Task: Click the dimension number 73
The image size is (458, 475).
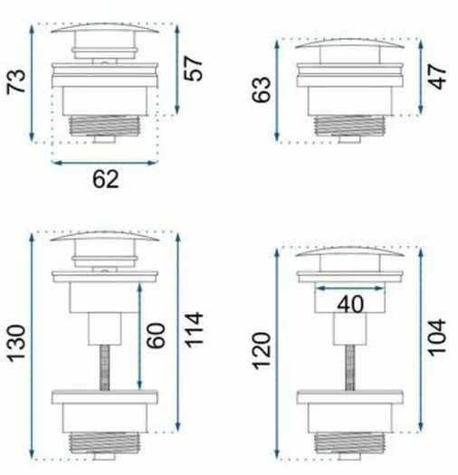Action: point(16,81)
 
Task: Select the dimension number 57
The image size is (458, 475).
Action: point(193,68)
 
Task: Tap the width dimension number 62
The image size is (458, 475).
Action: point(106,179)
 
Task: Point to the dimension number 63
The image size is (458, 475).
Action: point(262,90)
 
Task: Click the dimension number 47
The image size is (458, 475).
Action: point(438,76)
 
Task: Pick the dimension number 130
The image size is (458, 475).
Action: point(16,343)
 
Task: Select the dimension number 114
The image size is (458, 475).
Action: point(194,329)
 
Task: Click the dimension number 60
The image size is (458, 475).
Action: point(156,336)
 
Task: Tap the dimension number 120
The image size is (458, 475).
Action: point(262,351)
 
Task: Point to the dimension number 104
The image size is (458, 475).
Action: point(437,337)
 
